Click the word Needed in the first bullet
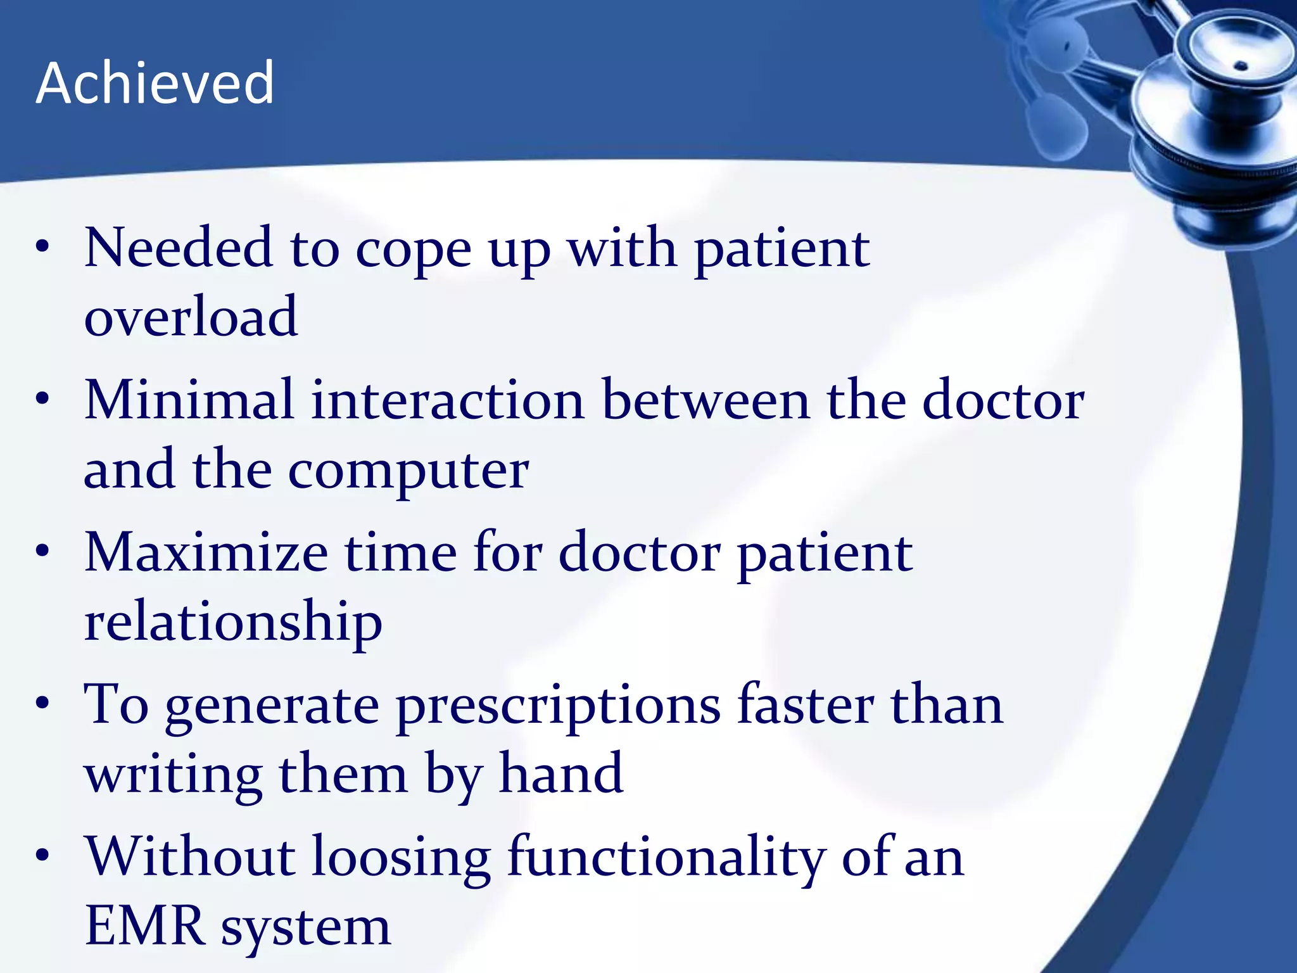[179, 248]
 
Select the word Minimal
[189, 400]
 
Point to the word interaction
[447, 400]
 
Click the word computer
[408, 472]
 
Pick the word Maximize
[206, 553]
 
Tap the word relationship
[233, 623]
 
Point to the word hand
[561, 773]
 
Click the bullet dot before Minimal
[42, 399]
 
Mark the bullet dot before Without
[42, 856]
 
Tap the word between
[705, 400]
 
